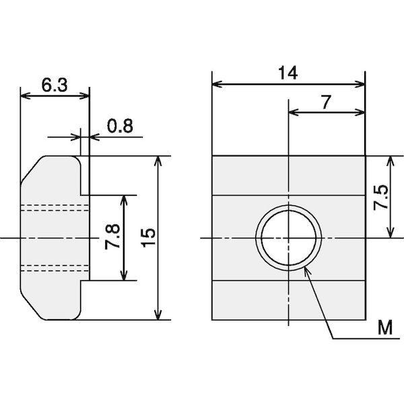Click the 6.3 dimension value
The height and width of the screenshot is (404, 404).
(x=55, y=85)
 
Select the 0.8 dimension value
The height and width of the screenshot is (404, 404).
(x=120, y=126)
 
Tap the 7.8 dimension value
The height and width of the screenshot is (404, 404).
(x=112, y=236)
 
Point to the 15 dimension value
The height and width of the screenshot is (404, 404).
(x=148, y=238)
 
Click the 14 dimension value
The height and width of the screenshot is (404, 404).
(x=288, y=73)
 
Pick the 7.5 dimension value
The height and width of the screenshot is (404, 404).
(x=381, y=197)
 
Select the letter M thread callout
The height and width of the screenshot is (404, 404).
(x=385, y=327)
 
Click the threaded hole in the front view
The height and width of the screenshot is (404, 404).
(x=289, y=238)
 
